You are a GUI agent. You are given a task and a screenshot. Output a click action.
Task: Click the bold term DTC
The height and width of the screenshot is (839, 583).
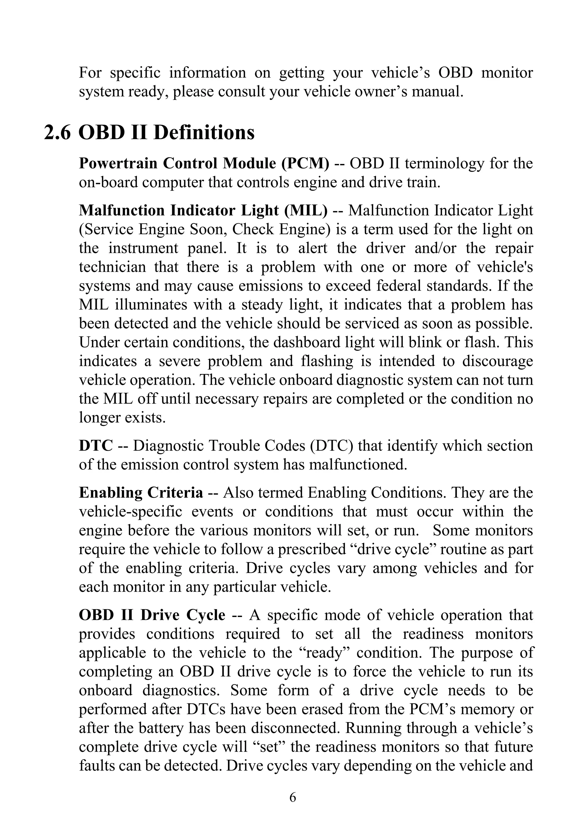(x=96, y=446)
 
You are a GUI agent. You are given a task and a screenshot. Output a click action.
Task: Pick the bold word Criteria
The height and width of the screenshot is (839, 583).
(x=175, y=493)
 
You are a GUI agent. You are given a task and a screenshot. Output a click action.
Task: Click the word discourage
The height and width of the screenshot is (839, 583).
(x=498, y=361)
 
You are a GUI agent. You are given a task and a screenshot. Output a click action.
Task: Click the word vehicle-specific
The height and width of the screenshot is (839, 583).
(x=130, y=512)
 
